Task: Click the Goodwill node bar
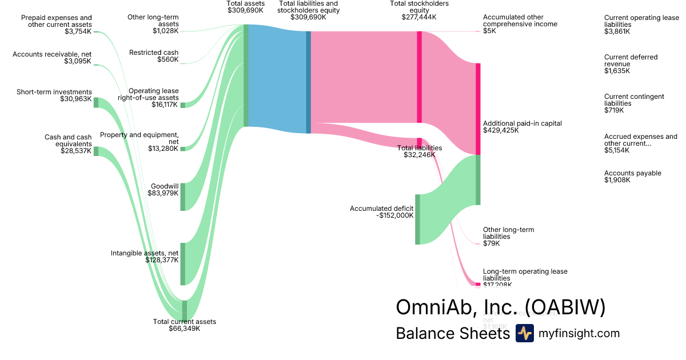[183, 197]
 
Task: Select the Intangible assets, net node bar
[183, 263]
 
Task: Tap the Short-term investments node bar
[96, 103]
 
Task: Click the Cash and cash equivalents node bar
[96, 151]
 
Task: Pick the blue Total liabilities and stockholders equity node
[308, 82]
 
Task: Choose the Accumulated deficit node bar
[417, 219]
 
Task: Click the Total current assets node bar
[185, 311]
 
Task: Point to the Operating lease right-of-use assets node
[183, 105]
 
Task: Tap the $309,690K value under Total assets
[245, 10]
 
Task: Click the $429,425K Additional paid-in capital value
[501, 130]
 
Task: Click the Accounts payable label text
[632, 173]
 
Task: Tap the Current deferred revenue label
[631, 61]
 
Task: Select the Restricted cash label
[154, 53]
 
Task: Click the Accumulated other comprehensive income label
[520, 21]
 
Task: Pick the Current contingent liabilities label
[634, 100]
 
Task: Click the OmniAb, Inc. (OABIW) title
[500, 307]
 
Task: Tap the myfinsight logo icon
[524, 333]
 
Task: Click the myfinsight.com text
[579, 333]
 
